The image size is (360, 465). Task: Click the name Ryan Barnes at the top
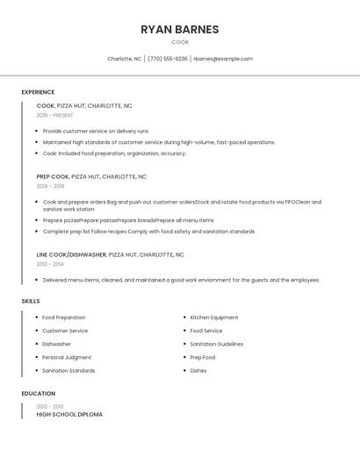tap(179, 29)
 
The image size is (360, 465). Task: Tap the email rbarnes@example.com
tap(223, 59)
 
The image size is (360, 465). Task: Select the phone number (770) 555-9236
tap(167, 59)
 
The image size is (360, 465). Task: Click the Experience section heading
tap(38, 92)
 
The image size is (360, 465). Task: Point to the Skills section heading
tap(31, 301)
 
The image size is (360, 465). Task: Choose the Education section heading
tap(38, 394)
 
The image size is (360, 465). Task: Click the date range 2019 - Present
tap(55, 115)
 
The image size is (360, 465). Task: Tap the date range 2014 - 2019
tap(50, 186)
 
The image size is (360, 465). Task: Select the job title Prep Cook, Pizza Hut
tap(91, 176)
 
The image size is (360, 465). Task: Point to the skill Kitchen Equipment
tap(214, 318)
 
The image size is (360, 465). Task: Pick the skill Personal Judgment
tap(67, 357)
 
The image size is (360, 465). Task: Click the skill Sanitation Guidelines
tap(217, 344)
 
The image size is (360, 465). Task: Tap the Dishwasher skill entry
tap(57, 344)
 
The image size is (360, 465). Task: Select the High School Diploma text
tap(69, 414)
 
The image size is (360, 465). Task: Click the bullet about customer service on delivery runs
tap(97, 131)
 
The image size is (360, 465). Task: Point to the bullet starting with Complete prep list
tap(149, 232)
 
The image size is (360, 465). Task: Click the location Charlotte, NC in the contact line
tap(124, 59)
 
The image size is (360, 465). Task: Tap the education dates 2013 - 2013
tap(50, 406)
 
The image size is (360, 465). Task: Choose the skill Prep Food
tap(203, 357)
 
